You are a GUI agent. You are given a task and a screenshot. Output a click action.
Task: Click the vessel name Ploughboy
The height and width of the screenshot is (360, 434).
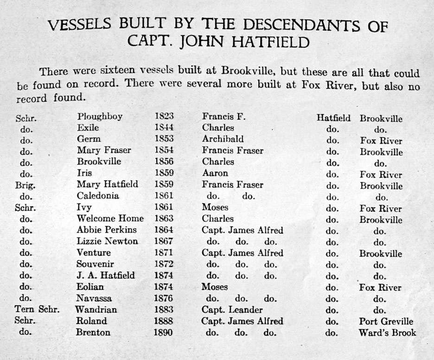pyautogui.click(x=100, y=117)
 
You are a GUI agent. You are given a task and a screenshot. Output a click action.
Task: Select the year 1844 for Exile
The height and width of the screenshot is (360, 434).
pyautogui.click(x=164, y=128)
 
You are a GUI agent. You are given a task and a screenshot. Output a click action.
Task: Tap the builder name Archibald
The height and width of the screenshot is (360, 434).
pyautogui.click(x=223, y=139)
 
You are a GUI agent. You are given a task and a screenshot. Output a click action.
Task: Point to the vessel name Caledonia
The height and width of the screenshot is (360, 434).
pyautogui.click(x=98, y=196)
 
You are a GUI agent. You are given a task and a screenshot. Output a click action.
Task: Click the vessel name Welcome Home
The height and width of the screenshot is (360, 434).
pyautogui.click(x=110, y=218)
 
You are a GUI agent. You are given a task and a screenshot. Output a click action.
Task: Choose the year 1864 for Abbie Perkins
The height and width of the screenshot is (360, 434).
pyautogui.click(x=164, y=230)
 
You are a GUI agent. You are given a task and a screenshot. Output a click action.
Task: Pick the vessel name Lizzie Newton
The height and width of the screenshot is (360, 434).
pyautogui.click(x=107, y=241)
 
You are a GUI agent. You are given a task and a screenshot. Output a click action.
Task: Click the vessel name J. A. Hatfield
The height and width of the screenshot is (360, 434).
pyautogui.click(x=106, y=275)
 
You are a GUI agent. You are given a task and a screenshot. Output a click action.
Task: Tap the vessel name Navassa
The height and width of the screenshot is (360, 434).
pyautogui.click(x=94, y=298)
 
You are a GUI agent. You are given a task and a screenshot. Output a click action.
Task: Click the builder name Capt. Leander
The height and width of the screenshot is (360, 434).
pyautogui.click(x=232, y=309)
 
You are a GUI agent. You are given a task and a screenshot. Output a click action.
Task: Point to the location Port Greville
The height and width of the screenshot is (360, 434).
pyautogui.click(x=386, y=321)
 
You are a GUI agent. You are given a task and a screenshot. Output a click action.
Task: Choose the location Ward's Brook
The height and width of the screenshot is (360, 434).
pyautogui.click(x=387, y=333)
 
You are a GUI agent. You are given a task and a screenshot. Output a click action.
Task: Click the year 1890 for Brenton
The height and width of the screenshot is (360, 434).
pyautogui.click(x=164, y=332)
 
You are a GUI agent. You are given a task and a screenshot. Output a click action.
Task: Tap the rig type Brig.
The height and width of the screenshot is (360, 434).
pyautogui.click(x=24, y=184)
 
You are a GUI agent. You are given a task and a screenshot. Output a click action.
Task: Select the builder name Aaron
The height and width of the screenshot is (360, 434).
pyautogui.click(x=215, y=173)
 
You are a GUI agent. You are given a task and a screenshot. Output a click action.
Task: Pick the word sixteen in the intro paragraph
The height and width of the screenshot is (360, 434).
pyautogui.click(x=106, y=72)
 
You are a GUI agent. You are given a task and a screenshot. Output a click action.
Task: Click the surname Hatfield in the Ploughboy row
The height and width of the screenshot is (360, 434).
pyautogui.click(x=333, y=118)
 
